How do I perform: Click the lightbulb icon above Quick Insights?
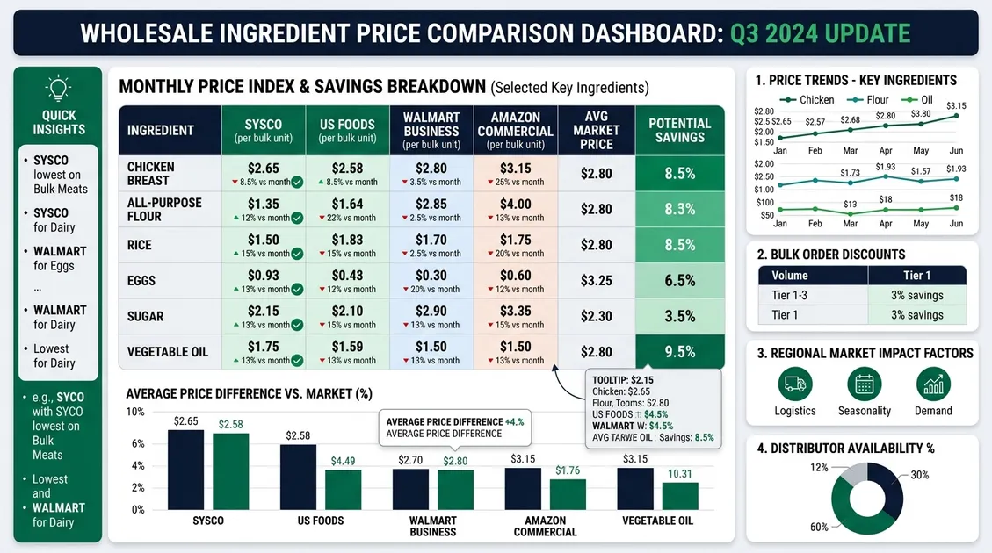[x=58, y=88]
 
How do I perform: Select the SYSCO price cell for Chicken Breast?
[x=263, y=173]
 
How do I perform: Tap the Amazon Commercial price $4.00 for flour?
[x=515, y=209]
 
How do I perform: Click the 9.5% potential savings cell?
[x=679, y=352]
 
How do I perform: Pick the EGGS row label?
[x=141, y=281]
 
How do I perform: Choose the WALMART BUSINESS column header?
[x=431, y=130]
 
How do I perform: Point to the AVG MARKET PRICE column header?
[x=597, y=130]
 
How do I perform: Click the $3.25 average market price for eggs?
[x=597, y=281]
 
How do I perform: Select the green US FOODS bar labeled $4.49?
[x=343, y=490]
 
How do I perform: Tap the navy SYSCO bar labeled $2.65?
[x=185, y=470]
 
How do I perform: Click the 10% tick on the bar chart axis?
[x=135, y=412]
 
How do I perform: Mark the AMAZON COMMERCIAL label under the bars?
[x=545, y=526]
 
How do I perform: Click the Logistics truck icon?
[x=795, y=384]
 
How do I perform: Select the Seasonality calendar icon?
[x=864, y=384]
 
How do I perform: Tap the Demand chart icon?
[x=933, y=384]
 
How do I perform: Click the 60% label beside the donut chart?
[x=818, y=527]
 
